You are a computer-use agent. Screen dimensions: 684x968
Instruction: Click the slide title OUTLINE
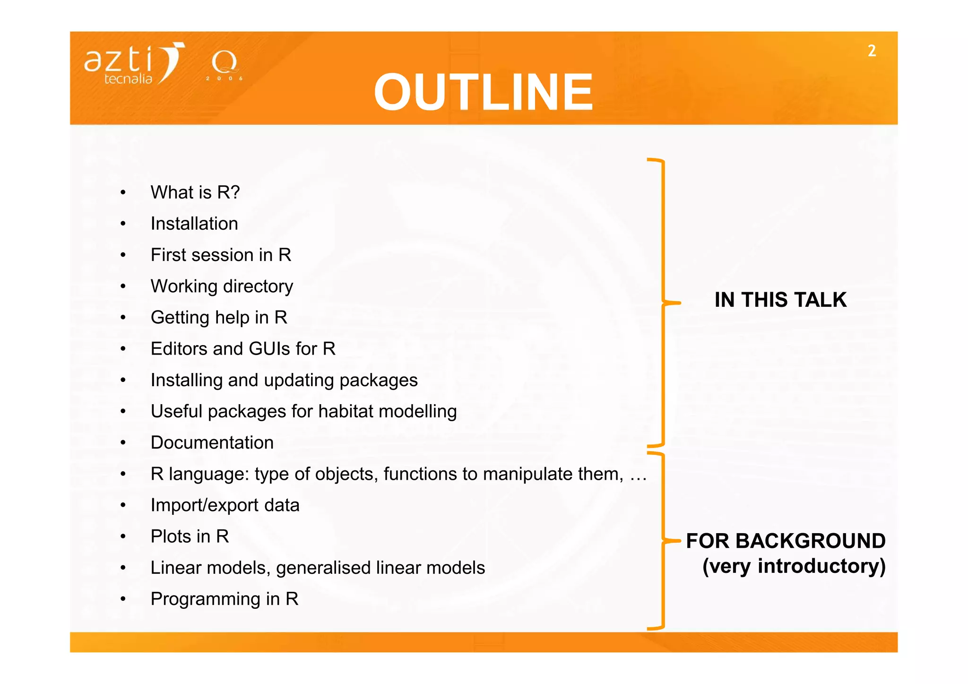click(x=483, y=92)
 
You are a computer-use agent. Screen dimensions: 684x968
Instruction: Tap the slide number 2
click(x=872, y=51)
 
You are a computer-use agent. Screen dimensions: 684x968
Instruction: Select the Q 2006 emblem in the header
click(x=224, y=66)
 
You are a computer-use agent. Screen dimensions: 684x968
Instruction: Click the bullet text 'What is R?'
click(x=195, y=192)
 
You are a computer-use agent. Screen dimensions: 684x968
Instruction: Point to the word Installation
click(x=194, y=224)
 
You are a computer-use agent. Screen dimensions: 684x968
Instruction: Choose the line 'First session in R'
click(x=221, y=255)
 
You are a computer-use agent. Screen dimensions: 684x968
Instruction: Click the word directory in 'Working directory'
click(x=258, y=286)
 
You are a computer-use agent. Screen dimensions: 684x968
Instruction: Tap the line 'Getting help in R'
click(x=219, y=317)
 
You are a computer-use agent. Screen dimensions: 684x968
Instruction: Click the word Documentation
click(x=212, y=442)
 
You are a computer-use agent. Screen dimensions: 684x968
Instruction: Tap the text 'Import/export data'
click(x=225, y=505)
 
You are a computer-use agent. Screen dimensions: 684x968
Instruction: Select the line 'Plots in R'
click(x=190, y=537)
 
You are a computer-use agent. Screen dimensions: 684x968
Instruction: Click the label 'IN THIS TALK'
click(x=780, y=300)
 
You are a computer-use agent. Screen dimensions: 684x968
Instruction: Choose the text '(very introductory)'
click(x=794, y=566)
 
